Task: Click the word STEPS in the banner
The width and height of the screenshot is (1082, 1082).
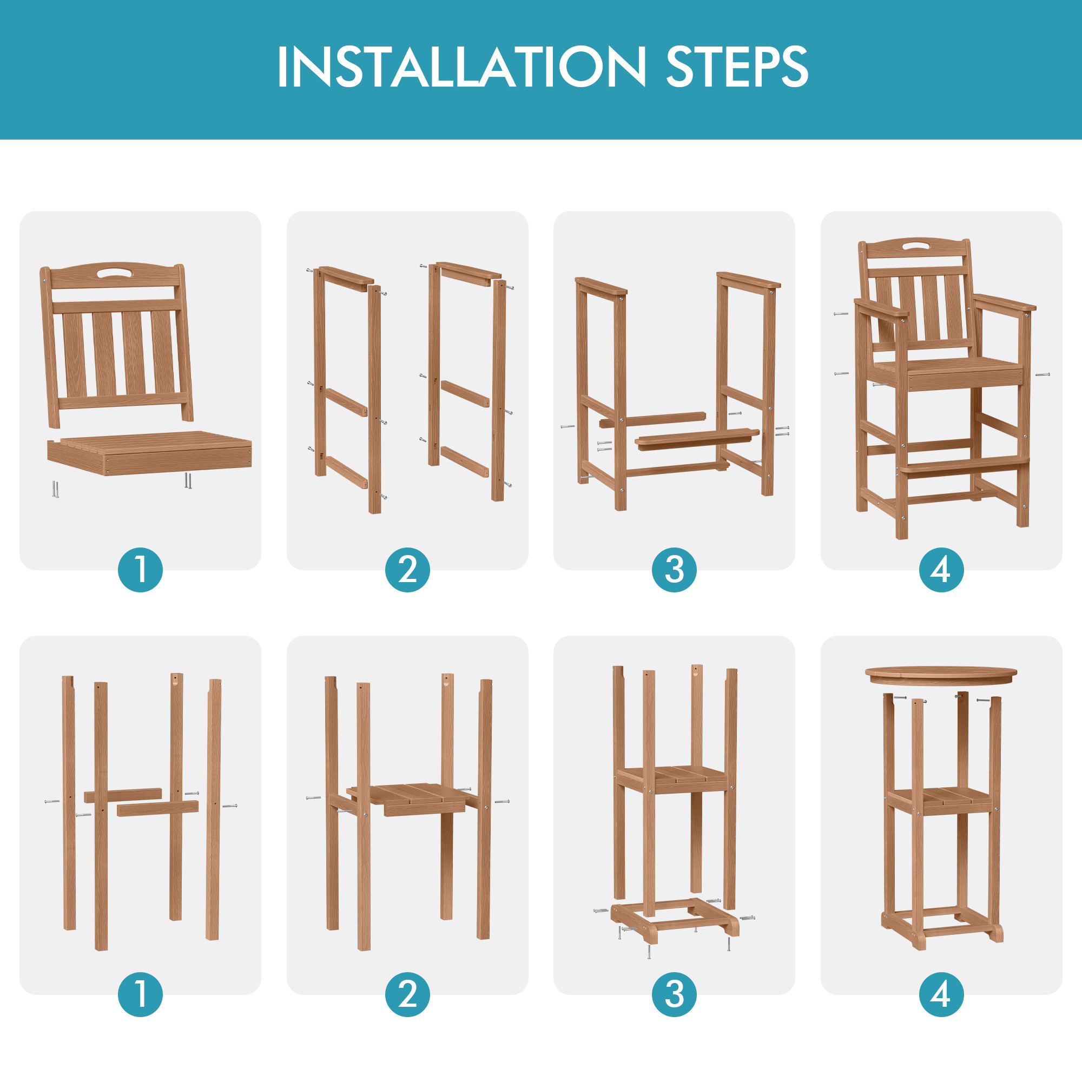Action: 737,67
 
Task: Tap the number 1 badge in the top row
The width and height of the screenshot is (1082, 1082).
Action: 141,570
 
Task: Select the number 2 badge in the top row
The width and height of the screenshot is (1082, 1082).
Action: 407,570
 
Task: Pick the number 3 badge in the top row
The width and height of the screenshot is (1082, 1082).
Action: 674,570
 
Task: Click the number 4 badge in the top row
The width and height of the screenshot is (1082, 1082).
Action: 941,570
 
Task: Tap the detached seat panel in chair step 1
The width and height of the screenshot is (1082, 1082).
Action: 149,452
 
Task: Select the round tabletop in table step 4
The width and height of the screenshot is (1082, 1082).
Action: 941,675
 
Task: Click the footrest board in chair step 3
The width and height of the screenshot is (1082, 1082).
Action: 697,439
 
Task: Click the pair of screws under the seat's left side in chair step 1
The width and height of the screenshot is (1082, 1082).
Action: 55,489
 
